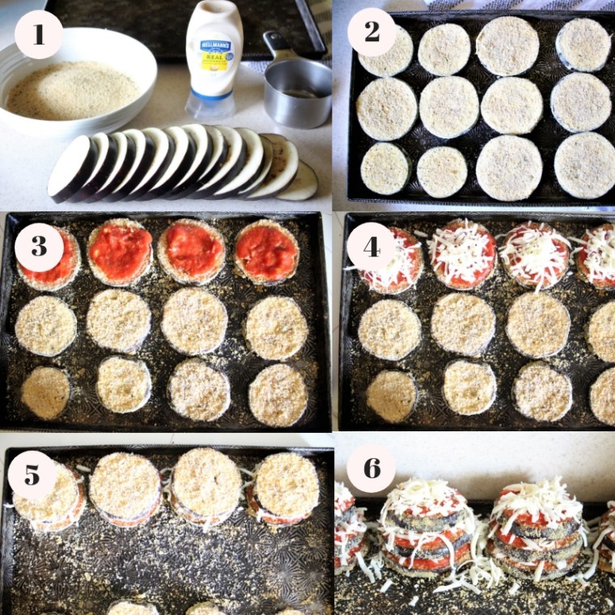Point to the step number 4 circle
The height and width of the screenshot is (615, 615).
coord(371,247)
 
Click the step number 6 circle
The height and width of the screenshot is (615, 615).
coord(371,468)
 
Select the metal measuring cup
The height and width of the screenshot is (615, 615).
coord(297,91)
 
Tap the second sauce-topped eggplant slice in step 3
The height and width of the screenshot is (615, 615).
coord(121,252)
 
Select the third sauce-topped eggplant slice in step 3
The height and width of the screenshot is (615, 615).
coord(192,251)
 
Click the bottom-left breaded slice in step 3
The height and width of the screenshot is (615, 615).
coord(45,392)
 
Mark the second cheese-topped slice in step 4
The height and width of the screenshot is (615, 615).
coord(461,254)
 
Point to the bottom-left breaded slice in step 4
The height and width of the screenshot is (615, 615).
coord(391,396)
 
